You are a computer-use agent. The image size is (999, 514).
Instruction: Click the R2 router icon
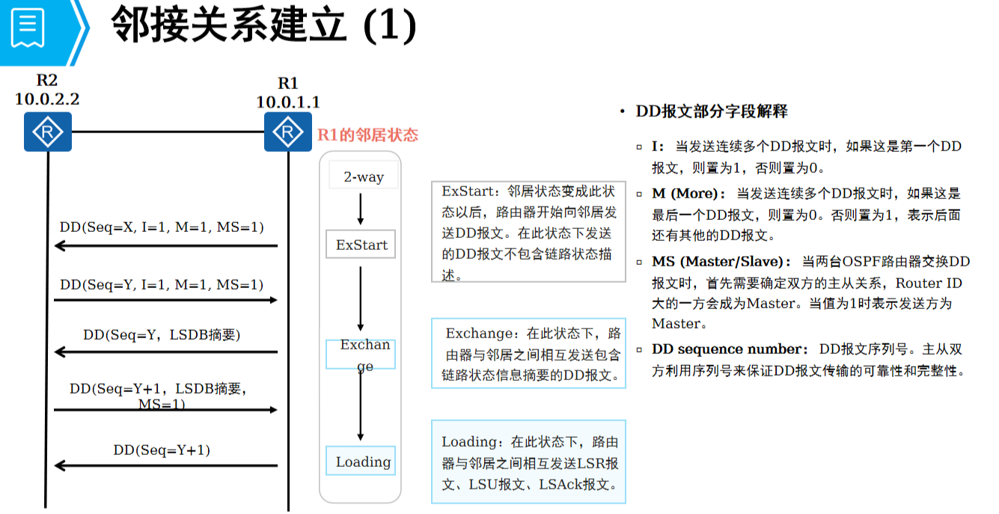pyautogui.click(x=47, y=132)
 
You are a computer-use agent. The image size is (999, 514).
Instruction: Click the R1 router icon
pyautogui.click(x=287, y=132)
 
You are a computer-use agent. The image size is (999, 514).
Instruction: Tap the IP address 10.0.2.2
pyautogui.click(x=47, y=98)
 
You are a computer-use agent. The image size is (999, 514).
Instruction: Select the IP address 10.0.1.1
pyautogui.click(x=287, y=102)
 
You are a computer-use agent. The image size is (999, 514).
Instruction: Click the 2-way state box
pyautogui.click(x=364, y=177)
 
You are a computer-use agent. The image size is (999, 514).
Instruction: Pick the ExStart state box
pyautogui.click(x=361, y=245)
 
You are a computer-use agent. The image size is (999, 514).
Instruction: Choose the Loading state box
pyautogui.click(x=361, y=461)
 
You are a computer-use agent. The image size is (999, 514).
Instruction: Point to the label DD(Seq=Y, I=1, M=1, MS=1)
pyautogui.click(x=162, y=284)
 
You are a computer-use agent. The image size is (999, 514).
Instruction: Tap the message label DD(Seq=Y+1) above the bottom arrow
pyautogui.click(x=162, y=450)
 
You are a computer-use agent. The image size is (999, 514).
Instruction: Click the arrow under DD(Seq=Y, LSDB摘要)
pyautogui.click(x=165, y=352)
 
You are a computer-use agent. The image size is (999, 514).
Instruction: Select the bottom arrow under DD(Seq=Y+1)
pyautogui.click(x=165, y=465)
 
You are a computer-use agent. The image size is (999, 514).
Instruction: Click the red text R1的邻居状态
pyautogui.click(x=367, y=135)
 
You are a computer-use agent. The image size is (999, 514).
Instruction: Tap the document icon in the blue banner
pyautogui.click(x=27, y=28)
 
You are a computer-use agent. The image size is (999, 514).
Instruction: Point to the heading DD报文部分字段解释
pyautogui.click(x=711, y=111)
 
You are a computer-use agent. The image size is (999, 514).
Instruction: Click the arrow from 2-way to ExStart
pyautogui.click(x=361, y=209)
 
